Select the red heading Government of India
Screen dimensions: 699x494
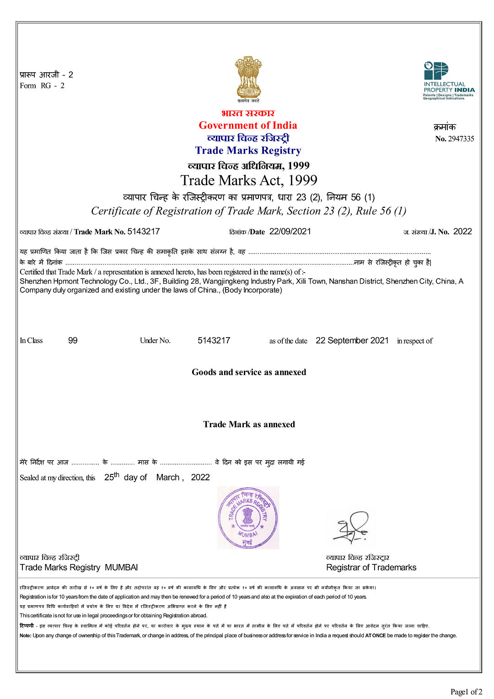(x=247, y=125)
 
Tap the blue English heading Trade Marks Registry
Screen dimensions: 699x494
(x=248, y=151)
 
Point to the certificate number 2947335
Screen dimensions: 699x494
(x=461, y=139)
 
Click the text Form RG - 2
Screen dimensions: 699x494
(x=42, y=86)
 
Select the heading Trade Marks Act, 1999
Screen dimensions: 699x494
(x=248, y=180)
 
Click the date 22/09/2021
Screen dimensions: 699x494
(x=290, y=231)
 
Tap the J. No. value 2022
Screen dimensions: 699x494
(x=462, y=231)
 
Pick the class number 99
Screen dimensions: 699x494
(x=73, y=340)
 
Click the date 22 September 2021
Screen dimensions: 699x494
(x=352, y=340)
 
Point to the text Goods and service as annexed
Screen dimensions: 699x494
(x=249, y=372)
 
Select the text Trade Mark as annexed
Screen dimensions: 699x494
(x=249, y=425)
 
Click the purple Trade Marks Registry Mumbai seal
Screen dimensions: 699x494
(x=248, y=518)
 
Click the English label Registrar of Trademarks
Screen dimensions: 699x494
(x=371, y=568)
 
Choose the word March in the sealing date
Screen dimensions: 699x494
(x=167, y=478)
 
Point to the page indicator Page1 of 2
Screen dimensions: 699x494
(x=466, y=692)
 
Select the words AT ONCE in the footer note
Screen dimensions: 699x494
(x=376, y=635)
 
